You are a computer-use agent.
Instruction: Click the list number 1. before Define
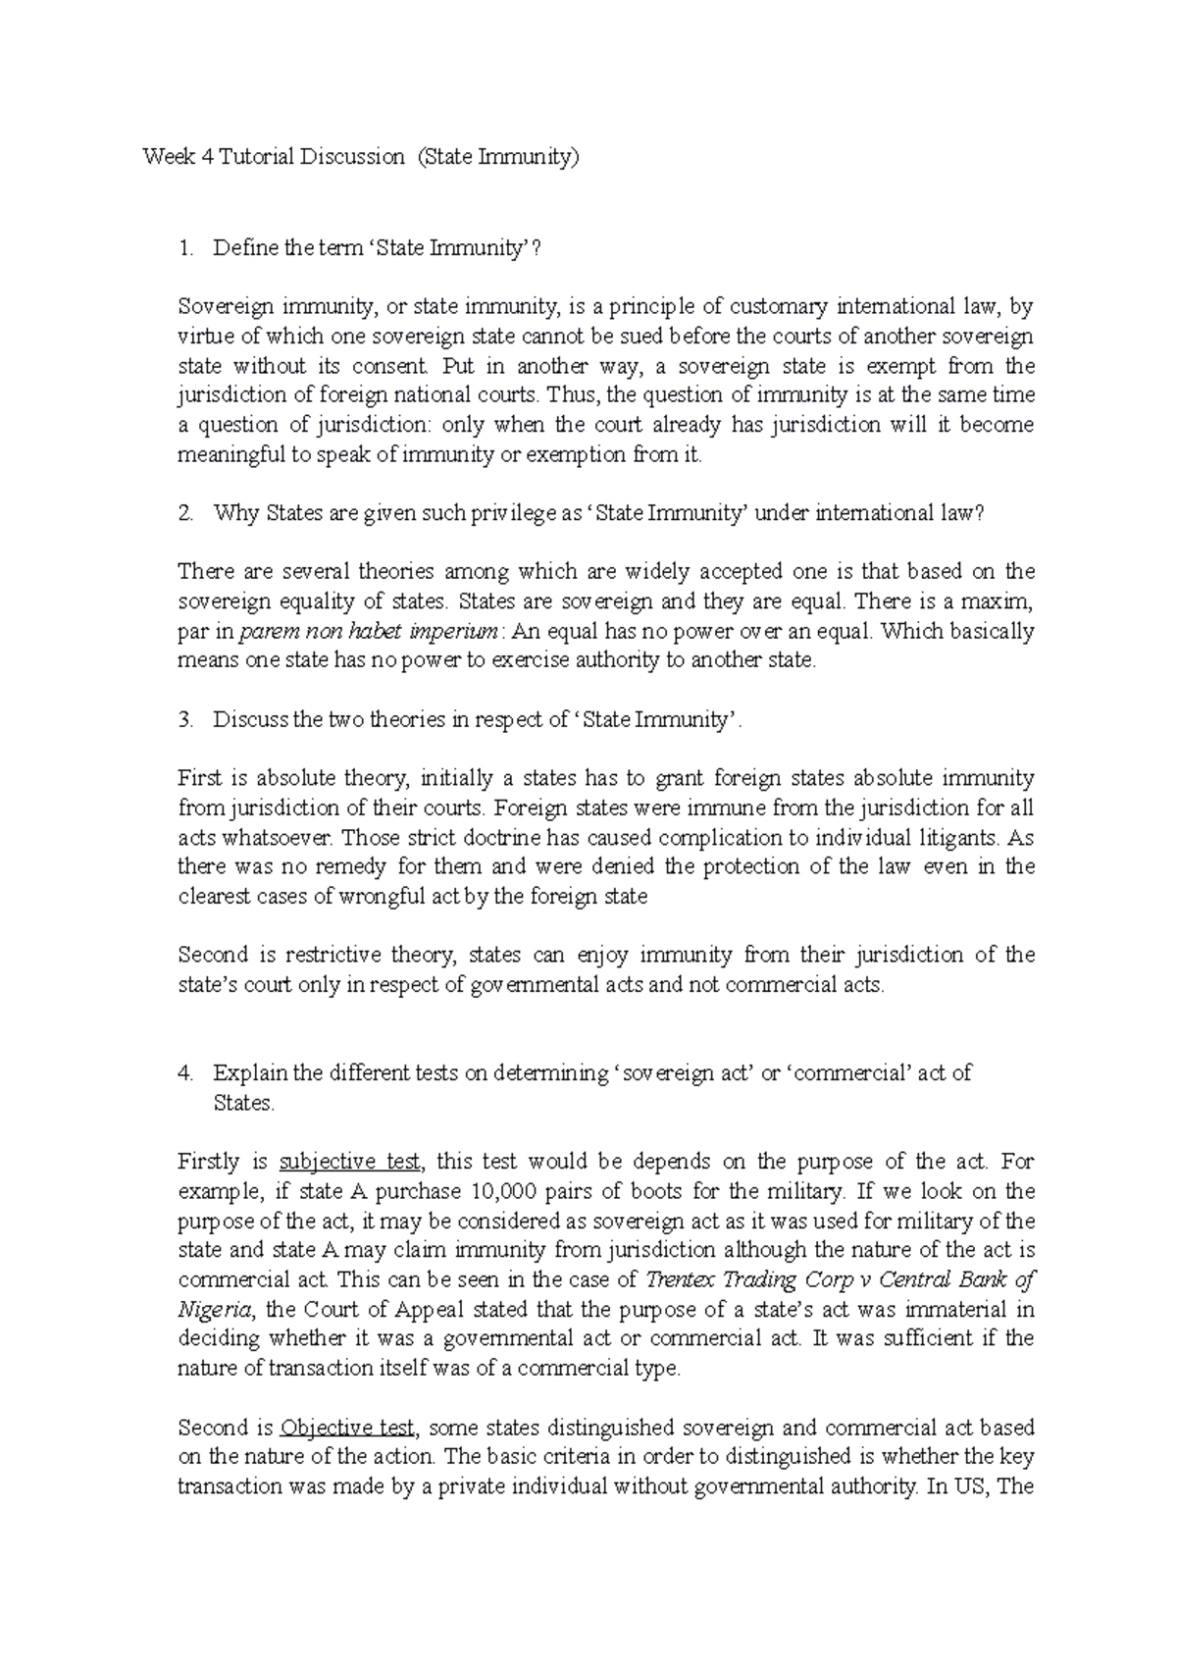tap(186, 249)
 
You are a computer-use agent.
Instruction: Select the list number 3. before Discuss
tap(186, 720)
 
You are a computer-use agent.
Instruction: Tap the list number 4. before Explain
tap(186, 1073)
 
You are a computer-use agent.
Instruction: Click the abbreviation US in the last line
tap(972, 1486)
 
